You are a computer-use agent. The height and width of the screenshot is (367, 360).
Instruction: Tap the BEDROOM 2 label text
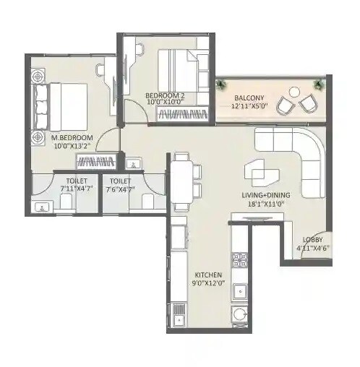point(165,95)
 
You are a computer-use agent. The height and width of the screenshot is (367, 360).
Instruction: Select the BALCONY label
point(249,98)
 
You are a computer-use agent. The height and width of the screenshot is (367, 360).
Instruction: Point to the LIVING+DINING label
point(267,195)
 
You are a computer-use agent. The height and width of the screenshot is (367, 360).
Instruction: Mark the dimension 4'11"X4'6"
point(313,248)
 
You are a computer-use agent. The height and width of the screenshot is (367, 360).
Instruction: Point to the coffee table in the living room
point(261,170)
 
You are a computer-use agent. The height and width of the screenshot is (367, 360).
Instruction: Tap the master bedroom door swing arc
point(108,139)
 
